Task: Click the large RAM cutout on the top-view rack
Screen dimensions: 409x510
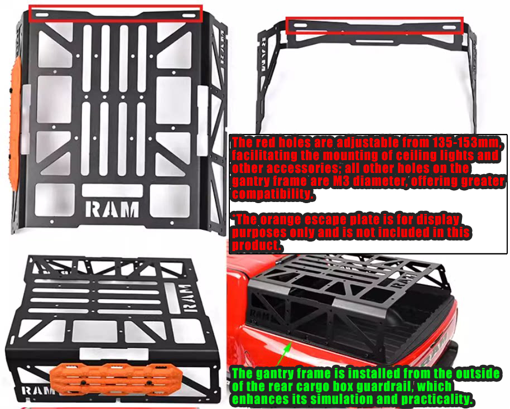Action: point(112,209)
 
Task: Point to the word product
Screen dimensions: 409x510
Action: point(254,246)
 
